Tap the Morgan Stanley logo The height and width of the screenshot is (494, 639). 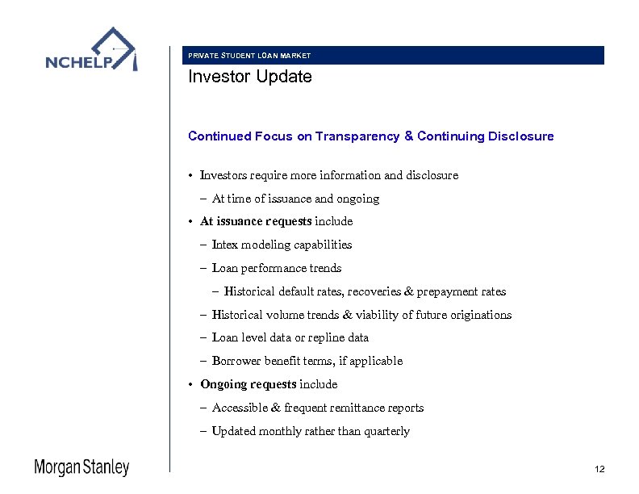pyautogui.click(x=81, y=467)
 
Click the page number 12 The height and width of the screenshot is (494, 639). pyautogui.click(x=599, y=469)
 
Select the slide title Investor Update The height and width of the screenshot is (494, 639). pyautogui.click(x=249, y=77)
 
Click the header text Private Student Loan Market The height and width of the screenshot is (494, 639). pyautogui.click(x=248, y=56)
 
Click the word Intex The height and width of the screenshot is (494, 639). pyautogui.click(x=225, y=245)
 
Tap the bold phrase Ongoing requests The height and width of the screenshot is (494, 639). pyautogui.click(x=248, y=384)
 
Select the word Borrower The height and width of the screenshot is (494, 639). pyautogui.click(x=236, y=361)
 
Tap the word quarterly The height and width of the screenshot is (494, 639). pyautogui.click(x=386, y=431)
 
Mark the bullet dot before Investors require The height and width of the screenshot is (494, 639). pyautogui.click(x=191, y=175)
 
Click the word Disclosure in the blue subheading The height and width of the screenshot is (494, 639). pyautogui.click(x=520, y=136)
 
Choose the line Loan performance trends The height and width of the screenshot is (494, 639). pyautogui.click(x=276, y=268)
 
